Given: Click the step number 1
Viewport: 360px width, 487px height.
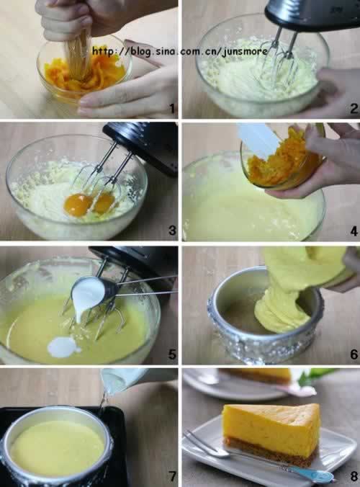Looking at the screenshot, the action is [172, 108].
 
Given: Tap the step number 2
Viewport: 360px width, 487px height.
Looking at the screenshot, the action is [354, 108].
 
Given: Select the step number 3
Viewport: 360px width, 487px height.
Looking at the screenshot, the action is [172, 230].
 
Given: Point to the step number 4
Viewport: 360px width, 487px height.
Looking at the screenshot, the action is [354, 231].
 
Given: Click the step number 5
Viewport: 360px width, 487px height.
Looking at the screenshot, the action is [172, 354].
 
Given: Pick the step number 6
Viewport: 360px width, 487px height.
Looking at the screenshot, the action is [354, 354].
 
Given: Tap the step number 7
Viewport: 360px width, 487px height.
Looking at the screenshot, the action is [172, 476].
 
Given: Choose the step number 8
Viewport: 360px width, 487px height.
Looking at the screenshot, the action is [354, 476].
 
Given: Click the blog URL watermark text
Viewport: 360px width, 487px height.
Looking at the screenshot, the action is [180, 50].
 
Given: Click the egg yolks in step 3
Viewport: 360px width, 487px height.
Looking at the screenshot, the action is [89, 203].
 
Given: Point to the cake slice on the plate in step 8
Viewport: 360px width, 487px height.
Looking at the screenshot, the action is [271, 435].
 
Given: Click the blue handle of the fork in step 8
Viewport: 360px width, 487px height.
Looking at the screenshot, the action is [312, 474].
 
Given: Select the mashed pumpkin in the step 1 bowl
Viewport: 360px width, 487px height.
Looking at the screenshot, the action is [84, 74].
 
